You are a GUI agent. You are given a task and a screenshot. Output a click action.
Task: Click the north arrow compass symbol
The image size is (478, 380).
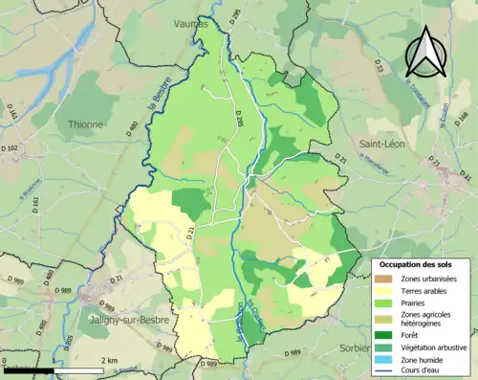pyautogui.click(x=426, y=53)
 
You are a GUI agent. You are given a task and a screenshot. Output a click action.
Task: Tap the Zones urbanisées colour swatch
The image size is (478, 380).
pyautogui.click(x=383, y=279)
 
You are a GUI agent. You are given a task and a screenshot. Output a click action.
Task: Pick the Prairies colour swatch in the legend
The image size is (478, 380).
pyautogui.click(x=383, y=303)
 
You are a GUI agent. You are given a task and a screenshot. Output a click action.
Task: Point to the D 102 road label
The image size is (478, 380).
pyautogui.click(x=11, y=148)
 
